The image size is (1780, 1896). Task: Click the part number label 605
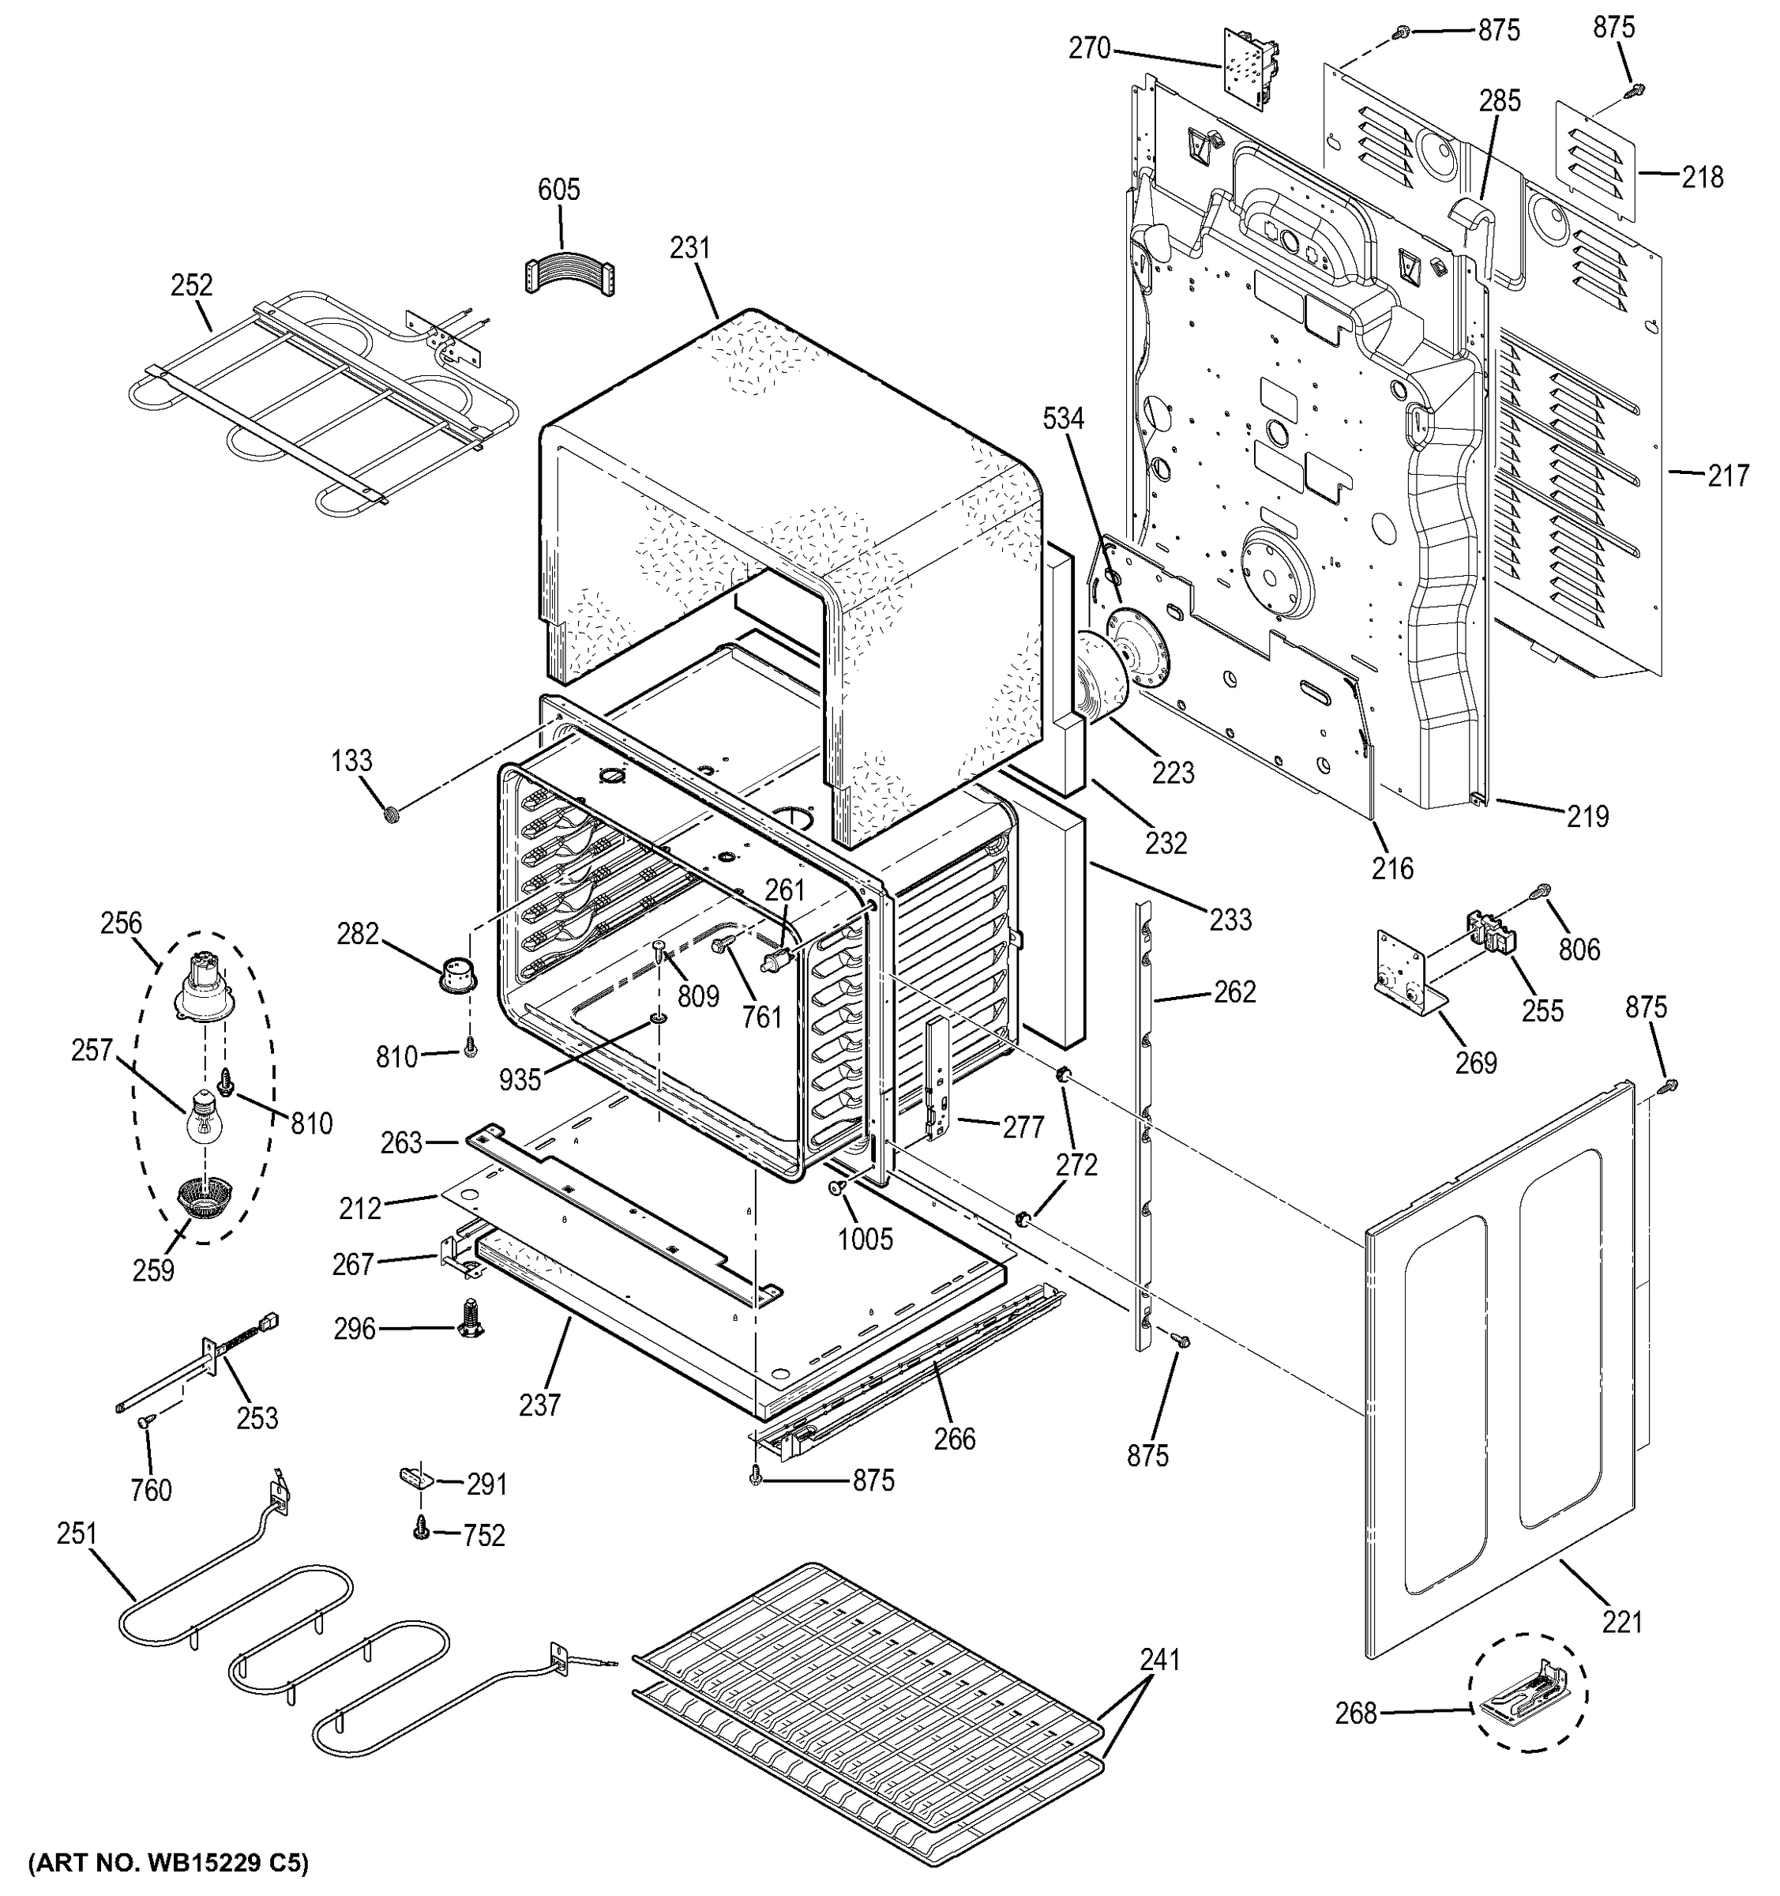(558, 190)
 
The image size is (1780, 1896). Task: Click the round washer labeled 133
(391, 814)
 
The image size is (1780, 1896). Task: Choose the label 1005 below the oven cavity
(865, 1240)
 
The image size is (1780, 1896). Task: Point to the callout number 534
(1063, 419)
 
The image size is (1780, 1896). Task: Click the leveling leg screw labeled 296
(470, 1319)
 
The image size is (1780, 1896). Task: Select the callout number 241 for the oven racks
(1159, 1661)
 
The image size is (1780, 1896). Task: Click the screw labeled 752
(419, 1529)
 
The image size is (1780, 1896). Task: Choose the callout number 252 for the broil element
(192, 285)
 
